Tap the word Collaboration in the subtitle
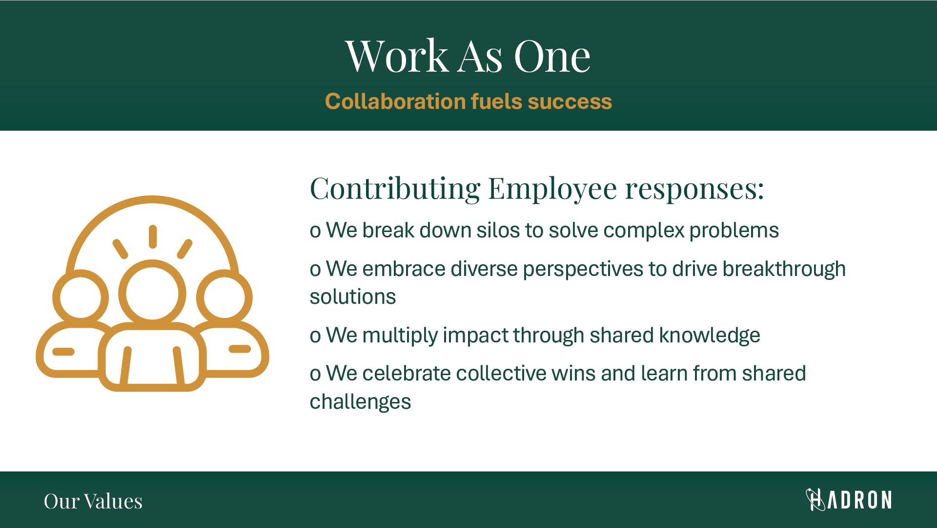pos(395,102)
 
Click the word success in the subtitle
pos(570,102)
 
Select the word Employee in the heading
pos(552,189)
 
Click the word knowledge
pos(710,336)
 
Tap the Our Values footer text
pos(93,501)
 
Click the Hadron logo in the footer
pos(849,500)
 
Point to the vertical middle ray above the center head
pos(153,236)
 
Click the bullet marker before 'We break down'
pos(315,231)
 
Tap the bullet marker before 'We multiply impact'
pos(315,336)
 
